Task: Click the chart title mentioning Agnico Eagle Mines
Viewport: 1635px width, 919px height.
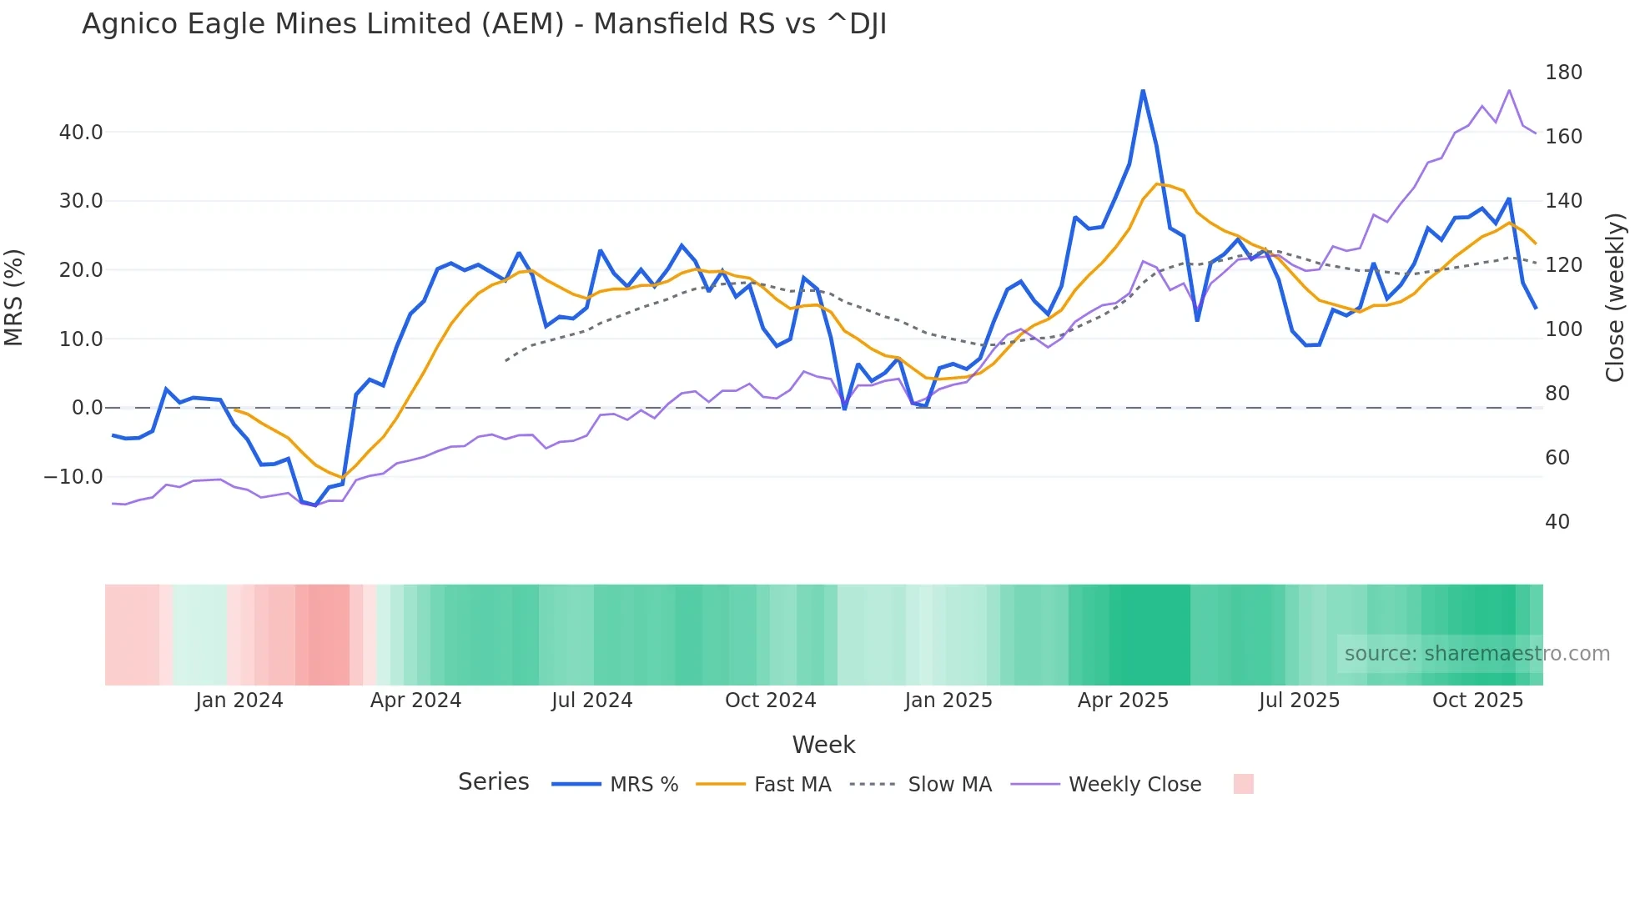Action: (484, 24)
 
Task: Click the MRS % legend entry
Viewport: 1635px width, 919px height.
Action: (643, 785)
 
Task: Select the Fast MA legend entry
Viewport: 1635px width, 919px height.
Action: (792, 785)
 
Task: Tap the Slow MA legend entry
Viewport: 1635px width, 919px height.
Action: (949, 785)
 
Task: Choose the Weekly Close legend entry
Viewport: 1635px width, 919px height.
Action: (1134, 785)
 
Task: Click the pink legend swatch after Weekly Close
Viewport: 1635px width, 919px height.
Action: (1243, 784)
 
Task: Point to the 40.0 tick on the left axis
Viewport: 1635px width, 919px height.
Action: (81, 133)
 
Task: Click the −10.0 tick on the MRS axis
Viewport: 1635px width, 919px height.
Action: (73, 477)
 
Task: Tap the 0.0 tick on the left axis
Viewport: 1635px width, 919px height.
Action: (87, 408)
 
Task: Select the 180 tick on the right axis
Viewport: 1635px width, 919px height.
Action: (1563, 73)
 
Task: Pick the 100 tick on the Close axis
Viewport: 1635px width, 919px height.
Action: (1563, 329)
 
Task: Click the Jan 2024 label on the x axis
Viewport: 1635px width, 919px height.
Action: (239, 701)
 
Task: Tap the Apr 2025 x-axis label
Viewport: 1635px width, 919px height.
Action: (1123, 701)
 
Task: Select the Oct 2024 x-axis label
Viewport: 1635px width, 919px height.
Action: (770, 701)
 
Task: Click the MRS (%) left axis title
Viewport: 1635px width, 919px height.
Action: (14, 298)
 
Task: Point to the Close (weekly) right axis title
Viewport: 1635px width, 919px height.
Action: (1615, 298)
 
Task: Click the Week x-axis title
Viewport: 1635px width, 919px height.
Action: (823, 745)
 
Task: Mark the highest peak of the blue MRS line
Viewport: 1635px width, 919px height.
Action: (1143, 90)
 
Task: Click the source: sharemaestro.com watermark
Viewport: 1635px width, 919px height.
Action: (1477, 654)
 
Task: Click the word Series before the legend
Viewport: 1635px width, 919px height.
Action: (493, 782)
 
